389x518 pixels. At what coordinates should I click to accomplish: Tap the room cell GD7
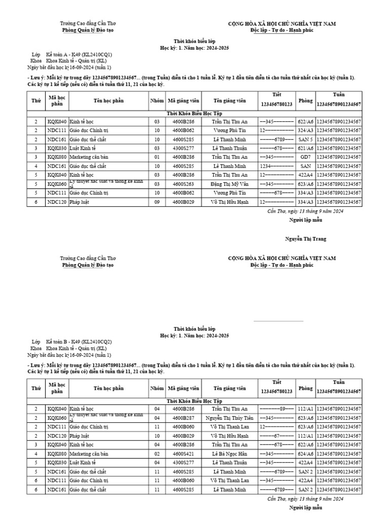[305, 157]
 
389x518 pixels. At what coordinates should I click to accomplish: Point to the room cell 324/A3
[305, 131]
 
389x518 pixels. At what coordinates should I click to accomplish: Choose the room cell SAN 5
[305, 139]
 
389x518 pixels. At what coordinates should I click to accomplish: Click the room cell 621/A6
[305, 148]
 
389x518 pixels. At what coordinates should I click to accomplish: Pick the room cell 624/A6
[305, 454]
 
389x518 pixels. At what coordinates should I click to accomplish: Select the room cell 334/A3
[305, 193]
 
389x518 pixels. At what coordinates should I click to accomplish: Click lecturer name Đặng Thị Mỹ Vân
[229, 184]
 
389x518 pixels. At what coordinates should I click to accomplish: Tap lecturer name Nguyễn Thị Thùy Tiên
[229, 418]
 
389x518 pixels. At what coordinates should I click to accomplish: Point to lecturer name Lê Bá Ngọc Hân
[229, 454]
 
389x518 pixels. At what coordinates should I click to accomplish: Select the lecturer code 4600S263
[183, 184]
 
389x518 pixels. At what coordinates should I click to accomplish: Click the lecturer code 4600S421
[183, 454]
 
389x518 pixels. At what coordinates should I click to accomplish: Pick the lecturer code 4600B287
[183, 418]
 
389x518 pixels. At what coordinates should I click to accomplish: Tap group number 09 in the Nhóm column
[157, 202]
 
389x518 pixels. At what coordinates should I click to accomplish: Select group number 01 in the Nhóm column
[157, 157]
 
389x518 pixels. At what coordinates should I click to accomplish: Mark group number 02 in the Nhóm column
[157, 454]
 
